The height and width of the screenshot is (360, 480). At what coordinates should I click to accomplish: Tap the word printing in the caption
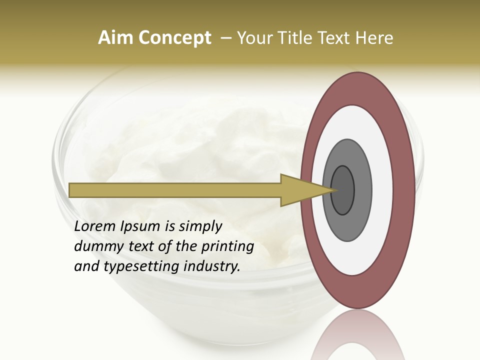(x=227, y=247)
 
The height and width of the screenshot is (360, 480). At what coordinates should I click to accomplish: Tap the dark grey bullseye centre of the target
(x=343, y=190)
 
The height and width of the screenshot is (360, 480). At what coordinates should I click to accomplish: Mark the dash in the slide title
(x=225, y=38)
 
